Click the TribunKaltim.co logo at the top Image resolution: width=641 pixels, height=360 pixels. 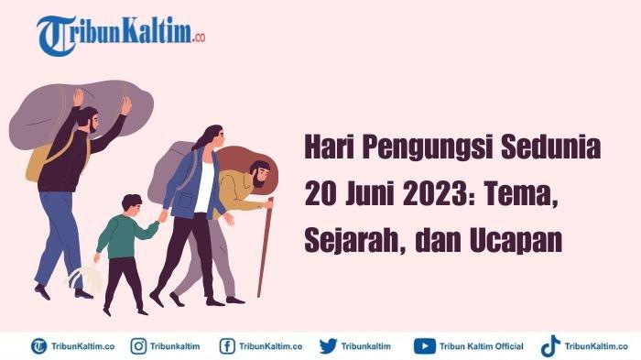tap(121, 35)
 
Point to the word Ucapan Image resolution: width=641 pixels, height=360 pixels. tap(516, 240)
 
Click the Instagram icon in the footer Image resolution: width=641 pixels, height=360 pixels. tap(138, 346)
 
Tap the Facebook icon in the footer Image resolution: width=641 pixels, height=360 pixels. tap(227, 346)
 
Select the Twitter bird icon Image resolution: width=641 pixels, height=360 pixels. tap(328, 346)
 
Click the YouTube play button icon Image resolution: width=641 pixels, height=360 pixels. tap(424, 346)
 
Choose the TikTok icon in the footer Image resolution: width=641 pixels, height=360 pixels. tap(549, 346)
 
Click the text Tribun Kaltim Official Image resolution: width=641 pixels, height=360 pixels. tap(481, 346)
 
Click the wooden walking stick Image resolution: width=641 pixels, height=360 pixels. tap(265, 247)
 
